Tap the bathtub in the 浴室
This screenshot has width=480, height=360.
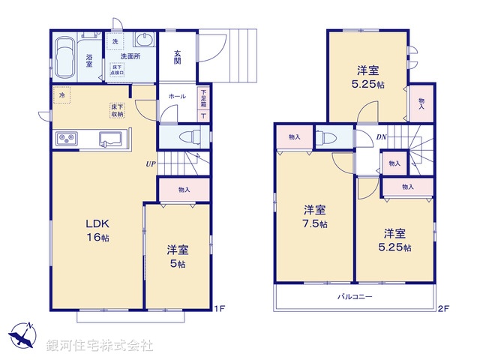tap(65, 58)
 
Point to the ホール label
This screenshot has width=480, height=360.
tap(177, 97)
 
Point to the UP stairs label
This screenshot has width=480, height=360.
tap(151, 163)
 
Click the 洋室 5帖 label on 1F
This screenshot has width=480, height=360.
tap(177, 256)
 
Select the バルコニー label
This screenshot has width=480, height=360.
tap(356, 298)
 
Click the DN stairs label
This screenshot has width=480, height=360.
tap(381, 137)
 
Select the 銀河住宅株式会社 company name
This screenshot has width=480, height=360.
tap(100, 346)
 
